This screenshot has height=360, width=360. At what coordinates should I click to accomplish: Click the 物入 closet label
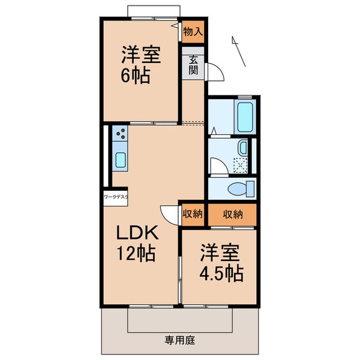point(193,32)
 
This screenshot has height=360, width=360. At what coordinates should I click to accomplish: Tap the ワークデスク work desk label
point(115,196)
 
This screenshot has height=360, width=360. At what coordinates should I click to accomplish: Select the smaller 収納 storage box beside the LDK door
point(193,213)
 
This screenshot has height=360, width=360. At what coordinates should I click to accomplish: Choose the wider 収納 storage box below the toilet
point(233,213)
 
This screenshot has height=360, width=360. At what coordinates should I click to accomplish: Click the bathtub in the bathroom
point(246,117)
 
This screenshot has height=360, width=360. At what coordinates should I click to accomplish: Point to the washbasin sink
point(242,147)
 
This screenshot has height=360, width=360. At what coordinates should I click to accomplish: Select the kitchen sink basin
point(119,160)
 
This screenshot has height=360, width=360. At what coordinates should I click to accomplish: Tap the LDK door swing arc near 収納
point(168,214)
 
